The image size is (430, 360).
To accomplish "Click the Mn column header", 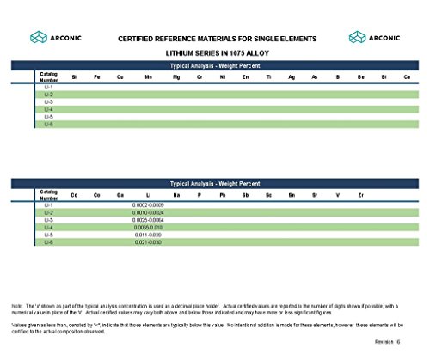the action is pyautogui.click(x=149, y=78).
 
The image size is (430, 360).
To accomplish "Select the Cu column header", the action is pyautogui.click(x=120, y=78).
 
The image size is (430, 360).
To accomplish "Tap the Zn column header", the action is pyautogui.click(x=246, y=78).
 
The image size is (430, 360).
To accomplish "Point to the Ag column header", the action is pyautogui.click(x=292, y=78).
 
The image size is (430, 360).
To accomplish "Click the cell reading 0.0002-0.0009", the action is pyautogui.click(x=149, y=206).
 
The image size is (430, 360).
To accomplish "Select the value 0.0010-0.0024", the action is pyautogui.click(x=149, y=213).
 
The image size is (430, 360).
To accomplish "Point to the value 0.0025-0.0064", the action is pyautogui.click(x=149, y=221).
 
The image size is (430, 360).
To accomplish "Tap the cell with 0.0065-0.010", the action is pyautogui.click(x=149, y=228).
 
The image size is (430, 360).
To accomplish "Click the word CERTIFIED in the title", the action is pyautogui.click(x=138, y=38).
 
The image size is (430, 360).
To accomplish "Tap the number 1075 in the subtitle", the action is pyautogui.click(x=225, y=52).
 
